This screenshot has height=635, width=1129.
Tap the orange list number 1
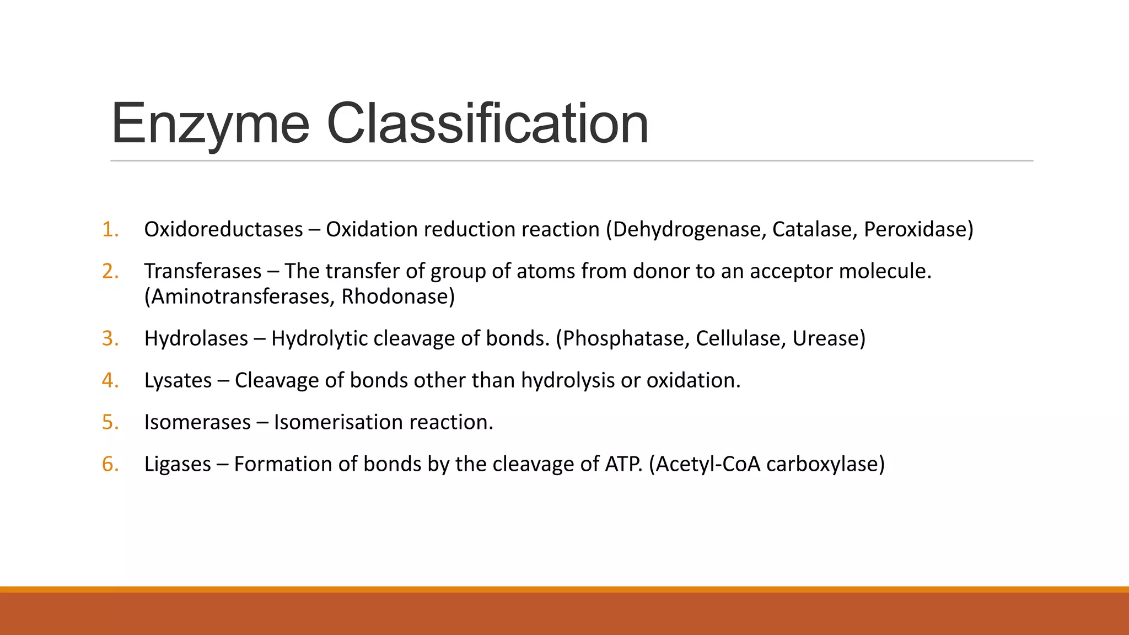click(110, 229)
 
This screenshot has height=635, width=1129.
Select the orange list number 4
click(110, 380)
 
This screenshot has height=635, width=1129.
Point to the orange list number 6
click(110, 464)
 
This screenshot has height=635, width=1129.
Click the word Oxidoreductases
click(223, 229)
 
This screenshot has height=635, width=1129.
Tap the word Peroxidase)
click(918, 229)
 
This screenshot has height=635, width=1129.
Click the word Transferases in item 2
click(203, 271)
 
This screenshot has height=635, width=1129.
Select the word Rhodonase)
click(398, 297)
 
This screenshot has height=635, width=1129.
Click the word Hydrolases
click(196, 338)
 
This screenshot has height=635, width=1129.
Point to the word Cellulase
click(741, 338)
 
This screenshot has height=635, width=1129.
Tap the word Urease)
click(829, 338)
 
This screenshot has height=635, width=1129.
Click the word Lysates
click(178, 380)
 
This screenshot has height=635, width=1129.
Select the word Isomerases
click(197, 422)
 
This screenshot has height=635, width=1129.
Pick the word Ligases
click(178, 464)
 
